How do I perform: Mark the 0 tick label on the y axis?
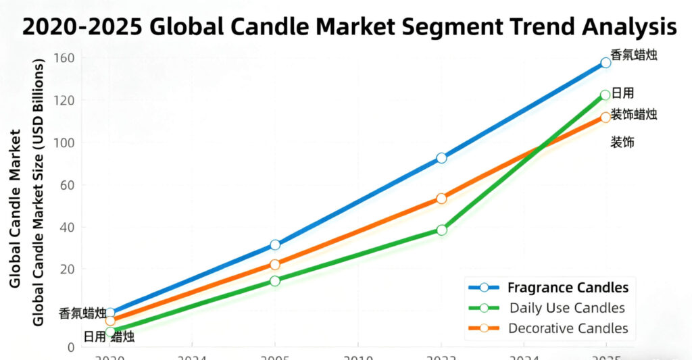(70, 347)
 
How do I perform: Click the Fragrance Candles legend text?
(568, 288)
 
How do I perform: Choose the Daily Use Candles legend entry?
(567, 308)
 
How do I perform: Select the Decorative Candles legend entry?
(568, 329)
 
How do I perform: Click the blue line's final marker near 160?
(605, 63)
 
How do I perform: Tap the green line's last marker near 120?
(605, 95)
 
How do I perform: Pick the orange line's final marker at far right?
(605, 118)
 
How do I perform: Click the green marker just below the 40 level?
(441, 230)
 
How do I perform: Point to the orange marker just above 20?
(274, 265)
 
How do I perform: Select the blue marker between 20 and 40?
(274, 245)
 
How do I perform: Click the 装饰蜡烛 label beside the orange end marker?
(633, 114)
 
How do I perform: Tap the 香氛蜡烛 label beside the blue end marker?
(633, 55)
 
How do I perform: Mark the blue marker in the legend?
(484, 288)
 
